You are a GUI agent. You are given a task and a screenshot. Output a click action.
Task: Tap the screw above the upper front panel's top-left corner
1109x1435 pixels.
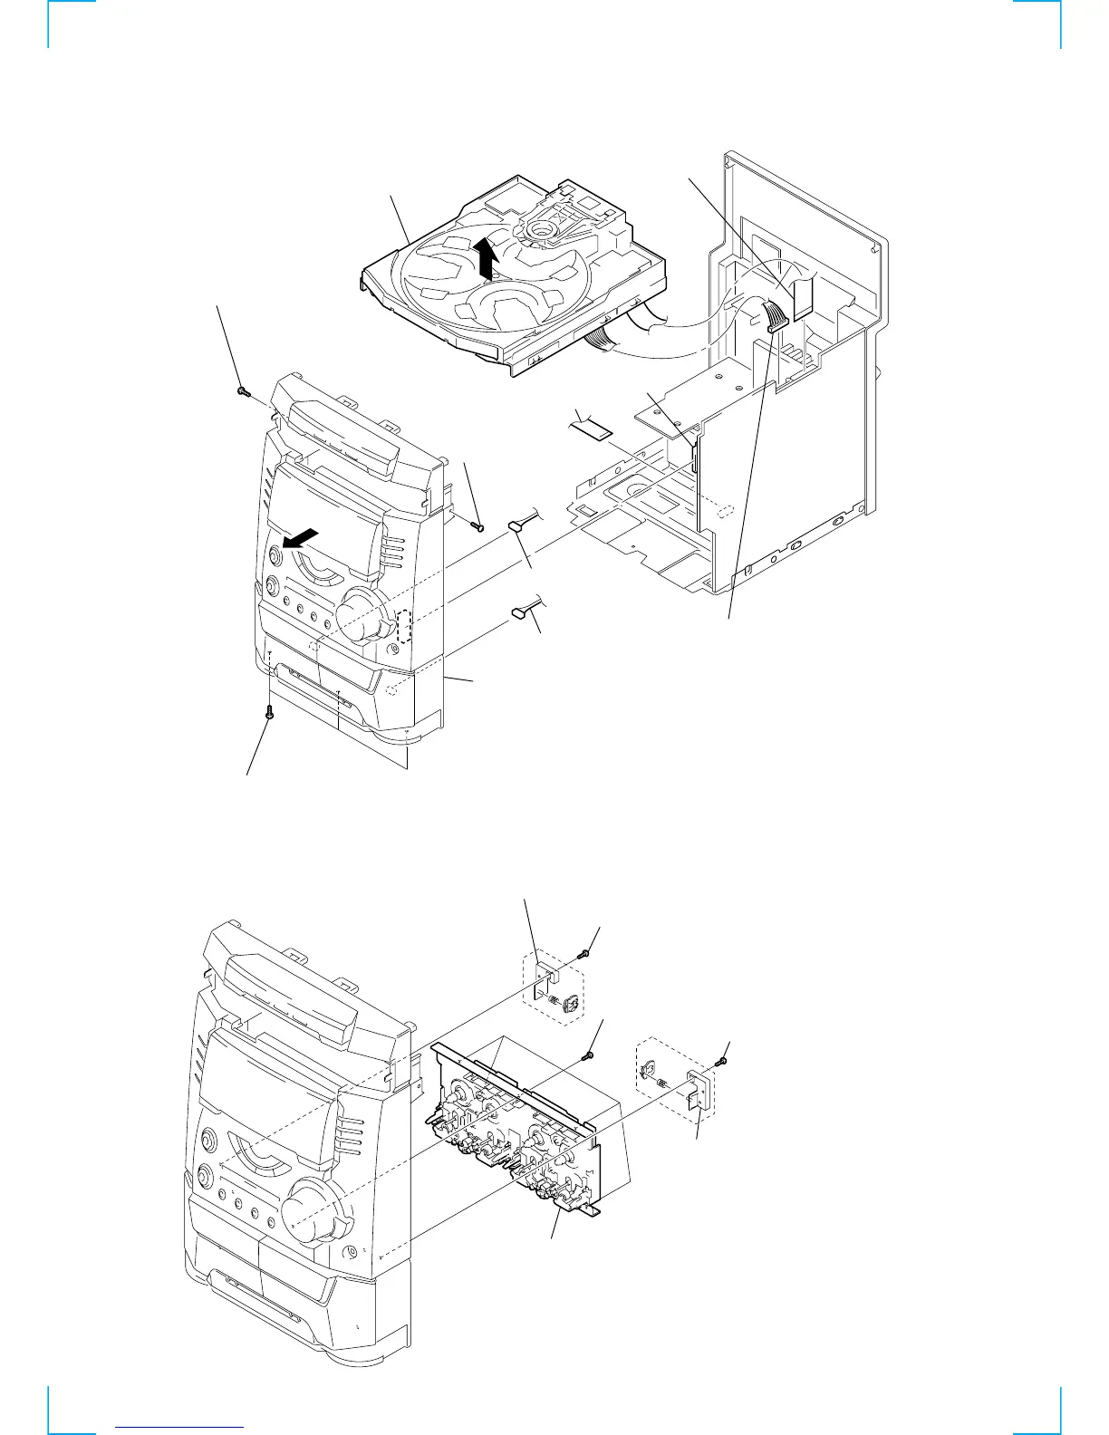(242, 390)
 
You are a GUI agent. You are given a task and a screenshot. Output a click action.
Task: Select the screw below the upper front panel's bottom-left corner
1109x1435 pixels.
(268, 714)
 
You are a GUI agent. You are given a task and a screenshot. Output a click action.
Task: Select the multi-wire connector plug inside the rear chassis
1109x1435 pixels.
(777, 318)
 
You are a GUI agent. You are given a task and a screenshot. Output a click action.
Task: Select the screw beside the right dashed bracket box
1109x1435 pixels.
(720, 1060)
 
